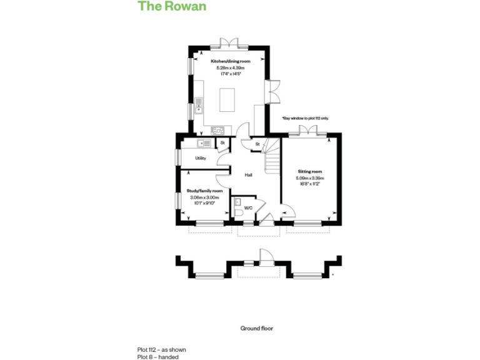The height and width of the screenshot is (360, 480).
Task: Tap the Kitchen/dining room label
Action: (x=230, y=61)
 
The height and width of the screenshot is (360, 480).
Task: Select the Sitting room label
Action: (x=310, y=171)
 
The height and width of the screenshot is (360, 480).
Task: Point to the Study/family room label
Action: (x=205, y=191)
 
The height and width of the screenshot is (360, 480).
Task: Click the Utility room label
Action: (x=201, y=158)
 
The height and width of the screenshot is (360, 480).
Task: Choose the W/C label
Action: (x=248, y=207)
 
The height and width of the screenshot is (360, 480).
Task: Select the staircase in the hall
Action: (x=270, y=161)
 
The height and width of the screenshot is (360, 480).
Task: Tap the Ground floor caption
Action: (x=257, y=328)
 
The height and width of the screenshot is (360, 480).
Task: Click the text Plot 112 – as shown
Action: (x=162, y=350)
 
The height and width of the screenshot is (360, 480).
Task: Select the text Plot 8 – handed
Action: (x=158, y=357)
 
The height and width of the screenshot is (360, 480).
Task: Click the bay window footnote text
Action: (x=305, y=118)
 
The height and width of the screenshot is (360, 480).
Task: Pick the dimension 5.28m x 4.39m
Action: (x=230, y=67)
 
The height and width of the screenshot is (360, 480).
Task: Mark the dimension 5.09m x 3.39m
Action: (x=310, y=178)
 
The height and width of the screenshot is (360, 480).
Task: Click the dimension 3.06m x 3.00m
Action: (x=205, y=197)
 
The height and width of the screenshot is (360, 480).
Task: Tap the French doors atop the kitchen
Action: (x=230, y=43)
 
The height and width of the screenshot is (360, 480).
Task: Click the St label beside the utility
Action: (x=222, y=144)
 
